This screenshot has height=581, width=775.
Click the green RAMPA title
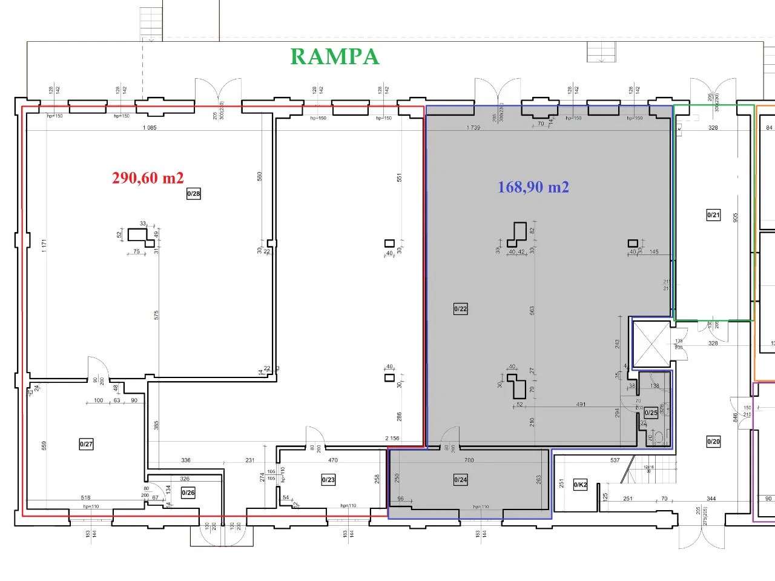[x=335, y=56]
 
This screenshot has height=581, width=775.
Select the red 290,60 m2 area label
[x=148, y=178]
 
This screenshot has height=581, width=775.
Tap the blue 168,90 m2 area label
[x=533, y=187]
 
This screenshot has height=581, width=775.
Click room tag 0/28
[x=193, y=194]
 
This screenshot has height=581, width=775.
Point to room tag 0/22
[x=460, y=309]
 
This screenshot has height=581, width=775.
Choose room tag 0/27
[x=86, y=444]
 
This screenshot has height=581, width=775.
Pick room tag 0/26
[x=188, y=493]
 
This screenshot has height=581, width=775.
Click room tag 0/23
[x=328, y=480]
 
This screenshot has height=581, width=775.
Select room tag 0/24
[x=461, y=480]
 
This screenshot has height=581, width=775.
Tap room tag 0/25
[x=651, y=413]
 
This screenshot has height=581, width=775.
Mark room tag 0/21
[x=713, y=214]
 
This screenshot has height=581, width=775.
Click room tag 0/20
[x=713, y=442]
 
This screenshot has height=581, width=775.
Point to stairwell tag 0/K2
[x=579, y=485]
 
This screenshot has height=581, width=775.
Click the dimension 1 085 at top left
[x=149, y=128]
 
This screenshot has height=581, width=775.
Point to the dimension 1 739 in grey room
[x=473, y=128]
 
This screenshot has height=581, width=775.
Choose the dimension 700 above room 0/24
[x=469, y=460]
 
